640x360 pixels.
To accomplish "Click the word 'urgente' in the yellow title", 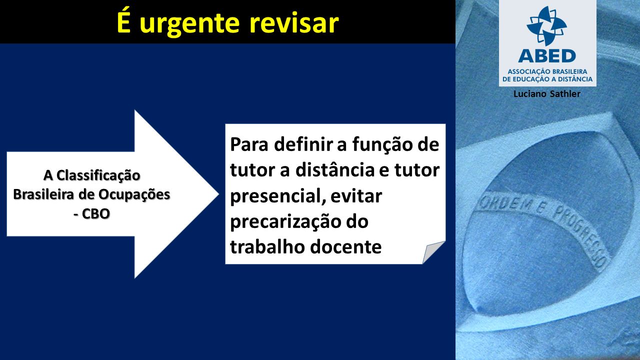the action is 189,24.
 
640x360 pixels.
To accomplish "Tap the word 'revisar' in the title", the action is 294,23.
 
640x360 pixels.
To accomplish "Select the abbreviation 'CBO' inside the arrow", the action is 95,213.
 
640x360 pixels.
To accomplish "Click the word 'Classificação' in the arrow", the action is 98,175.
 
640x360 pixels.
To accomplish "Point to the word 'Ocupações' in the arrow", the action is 134,195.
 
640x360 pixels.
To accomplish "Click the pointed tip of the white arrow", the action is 218,194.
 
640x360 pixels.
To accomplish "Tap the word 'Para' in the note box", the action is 249,144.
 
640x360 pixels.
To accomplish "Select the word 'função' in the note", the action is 381,145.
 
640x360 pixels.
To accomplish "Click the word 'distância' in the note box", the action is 334,170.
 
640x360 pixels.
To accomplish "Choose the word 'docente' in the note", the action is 345,247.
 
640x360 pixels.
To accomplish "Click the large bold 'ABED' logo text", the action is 547,56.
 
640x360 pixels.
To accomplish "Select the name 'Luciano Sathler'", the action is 547,94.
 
